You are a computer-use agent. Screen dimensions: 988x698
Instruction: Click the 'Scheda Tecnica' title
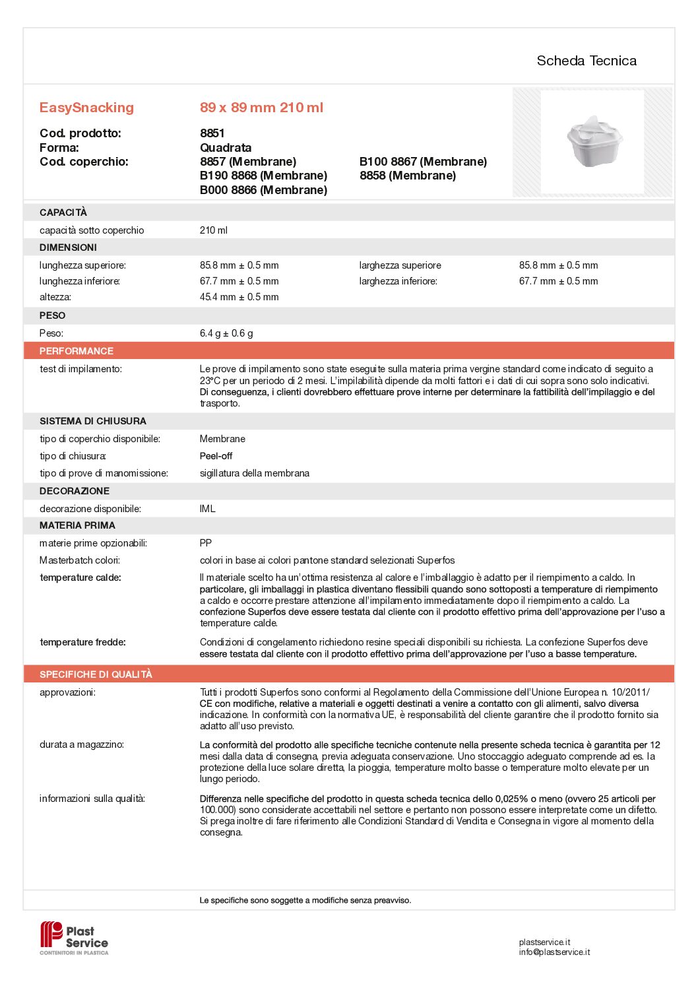(587, 61)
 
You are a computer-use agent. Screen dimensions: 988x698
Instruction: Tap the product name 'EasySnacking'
(86, 108)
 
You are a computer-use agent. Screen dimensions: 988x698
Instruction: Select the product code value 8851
(212, 133)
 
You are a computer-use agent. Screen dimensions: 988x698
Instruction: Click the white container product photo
(594, 141)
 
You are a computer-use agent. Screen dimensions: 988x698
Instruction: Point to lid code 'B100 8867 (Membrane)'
(423, 162)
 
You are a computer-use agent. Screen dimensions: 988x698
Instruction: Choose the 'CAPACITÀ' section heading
(63, 213)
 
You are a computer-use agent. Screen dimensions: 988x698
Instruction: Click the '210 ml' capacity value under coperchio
(213, 230)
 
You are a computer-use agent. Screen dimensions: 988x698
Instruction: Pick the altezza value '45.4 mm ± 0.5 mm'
(239, 297)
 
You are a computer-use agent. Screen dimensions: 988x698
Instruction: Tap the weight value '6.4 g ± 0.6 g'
(226, 333)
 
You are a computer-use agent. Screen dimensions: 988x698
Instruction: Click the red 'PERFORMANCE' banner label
(77, 351)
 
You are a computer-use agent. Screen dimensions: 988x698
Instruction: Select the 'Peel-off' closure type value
(216, 456)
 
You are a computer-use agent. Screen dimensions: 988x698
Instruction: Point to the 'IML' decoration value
(207, 509)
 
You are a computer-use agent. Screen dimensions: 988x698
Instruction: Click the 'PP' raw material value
(206, 543)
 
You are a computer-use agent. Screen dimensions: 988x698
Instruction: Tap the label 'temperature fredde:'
(82, 642)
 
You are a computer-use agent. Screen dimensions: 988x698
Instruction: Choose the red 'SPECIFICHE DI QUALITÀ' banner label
(96, 675)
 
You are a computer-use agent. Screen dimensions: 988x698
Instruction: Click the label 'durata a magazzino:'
(82, 744)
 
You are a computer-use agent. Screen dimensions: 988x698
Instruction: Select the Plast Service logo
(75, 938)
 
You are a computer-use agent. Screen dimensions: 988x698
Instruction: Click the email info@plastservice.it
(554, 952)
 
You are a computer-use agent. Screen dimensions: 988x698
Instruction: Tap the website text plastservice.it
(544, 942)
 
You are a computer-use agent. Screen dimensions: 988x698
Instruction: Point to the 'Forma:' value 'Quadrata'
(226, 148)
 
